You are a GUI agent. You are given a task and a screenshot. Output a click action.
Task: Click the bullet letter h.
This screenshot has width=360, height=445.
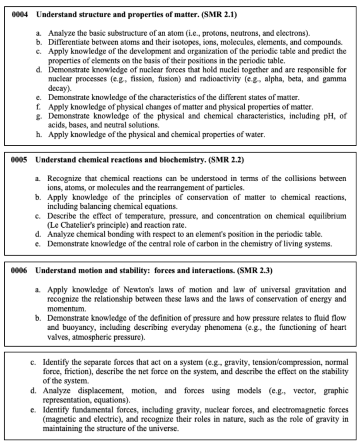pyautogui.click(x=39, y=135)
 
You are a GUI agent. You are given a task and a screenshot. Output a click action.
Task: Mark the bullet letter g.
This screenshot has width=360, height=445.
pyautogui.click(x=39, y=117)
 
